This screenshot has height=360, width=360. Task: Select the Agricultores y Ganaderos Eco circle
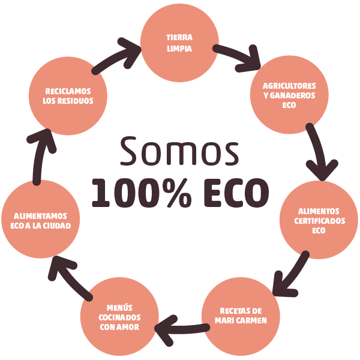pos(289,95)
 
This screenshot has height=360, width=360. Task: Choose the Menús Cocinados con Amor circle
pos(119,316)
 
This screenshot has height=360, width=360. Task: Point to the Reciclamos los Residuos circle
pos(68,96)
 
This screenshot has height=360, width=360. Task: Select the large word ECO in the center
pos(232,192)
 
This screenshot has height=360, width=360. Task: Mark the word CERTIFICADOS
pos(320,221)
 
